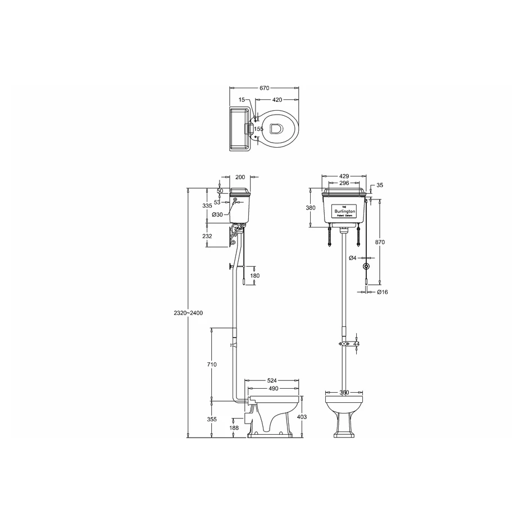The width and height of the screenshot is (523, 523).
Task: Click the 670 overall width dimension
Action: coord(264,88)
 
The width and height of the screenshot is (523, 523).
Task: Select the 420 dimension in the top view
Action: coord(277,99)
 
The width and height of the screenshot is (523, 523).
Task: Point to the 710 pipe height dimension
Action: coord(211,365)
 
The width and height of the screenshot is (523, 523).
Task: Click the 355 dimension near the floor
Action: coord(211,419)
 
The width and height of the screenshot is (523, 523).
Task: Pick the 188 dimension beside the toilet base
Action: coord(234,428)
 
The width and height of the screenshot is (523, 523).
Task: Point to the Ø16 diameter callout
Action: coord(382,292)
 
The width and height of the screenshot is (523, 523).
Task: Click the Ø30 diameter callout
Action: coord(217,215)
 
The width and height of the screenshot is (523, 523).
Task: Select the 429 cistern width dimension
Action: coord(343,176)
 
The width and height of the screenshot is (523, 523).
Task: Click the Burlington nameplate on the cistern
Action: coord(343,210)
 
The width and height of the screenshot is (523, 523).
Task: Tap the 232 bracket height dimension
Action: coord(207,237)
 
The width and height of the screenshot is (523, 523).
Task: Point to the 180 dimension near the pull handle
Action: coord(255,275)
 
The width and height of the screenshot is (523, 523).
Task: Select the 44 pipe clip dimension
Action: coord(356,343)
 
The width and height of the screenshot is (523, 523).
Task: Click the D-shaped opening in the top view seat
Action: coord(275,129)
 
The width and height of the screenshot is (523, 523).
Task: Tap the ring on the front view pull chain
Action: coord(367,266)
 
